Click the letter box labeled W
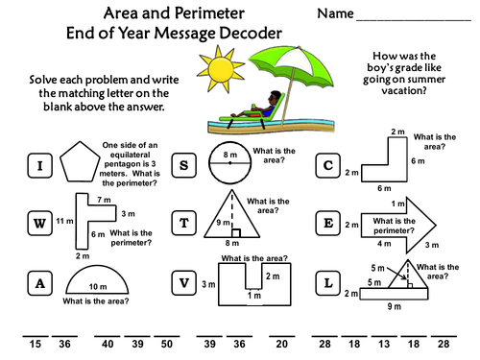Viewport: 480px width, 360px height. point(39,223)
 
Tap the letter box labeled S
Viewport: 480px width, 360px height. point(183,165)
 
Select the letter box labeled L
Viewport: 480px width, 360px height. point(328,283)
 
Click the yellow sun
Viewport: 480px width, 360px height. point(221,69)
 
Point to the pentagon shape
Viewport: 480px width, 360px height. point(80,161)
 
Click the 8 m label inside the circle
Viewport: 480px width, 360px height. point(230,155)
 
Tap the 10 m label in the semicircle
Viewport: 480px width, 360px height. point(98,287)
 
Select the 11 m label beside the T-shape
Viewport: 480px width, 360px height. point(64,221)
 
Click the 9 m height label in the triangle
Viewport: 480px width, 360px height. point(223,223)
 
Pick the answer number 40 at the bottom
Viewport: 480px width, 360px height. point(108,344)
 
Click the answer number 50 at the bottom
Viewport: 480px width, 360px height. point(167,344)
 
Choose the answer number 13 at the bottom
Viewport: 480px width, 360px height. point(384,344)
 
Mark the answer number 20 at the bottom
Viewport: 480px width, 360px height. point(281,344)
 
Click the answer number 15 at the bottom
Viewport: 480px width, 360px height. point(36,344)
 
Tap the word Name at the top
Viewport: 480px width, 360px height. point(335,13)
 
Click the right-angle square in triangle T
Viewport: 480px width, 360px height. point(236,233)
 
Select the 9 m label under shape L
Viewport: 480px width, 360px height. point(395,306)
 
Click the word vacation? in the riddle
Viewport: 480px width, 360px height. point(404,90)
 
